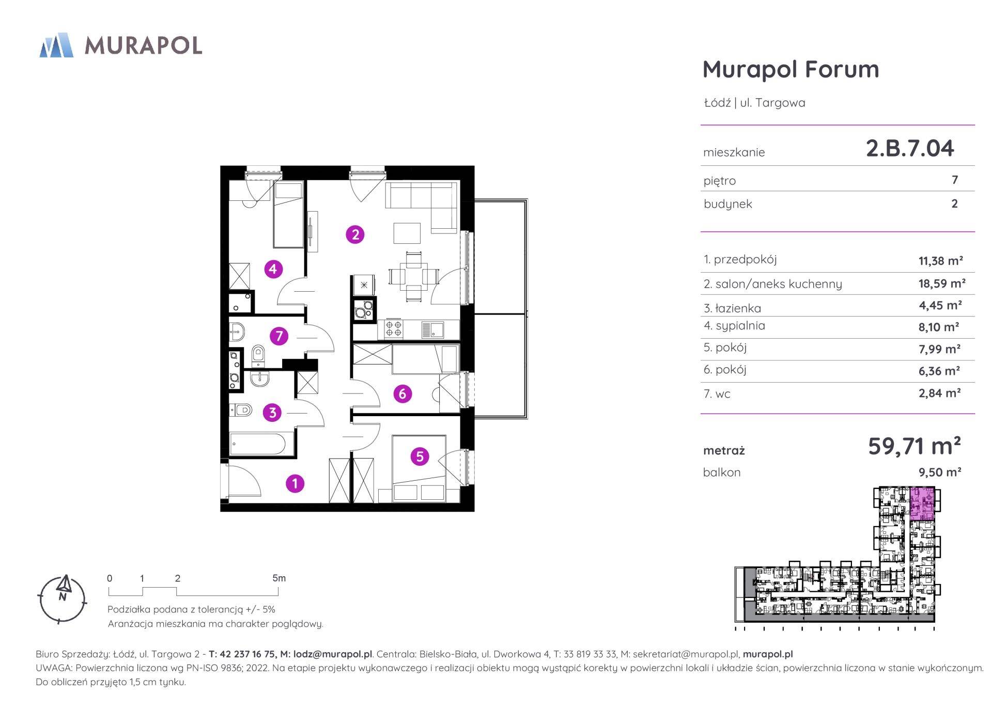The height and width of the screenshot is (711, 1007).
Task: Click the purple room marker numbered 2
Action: (355, 235)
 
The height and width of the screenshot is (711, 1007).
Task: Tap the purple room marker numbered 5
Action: (420, 456)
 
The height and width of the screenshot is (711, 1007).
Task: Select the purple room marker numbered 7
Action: (279, 337)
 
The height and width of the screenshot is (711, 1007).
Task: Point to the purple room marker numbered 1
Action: (295, 484)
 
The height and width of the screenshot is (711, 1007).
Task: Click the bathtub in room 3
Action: (257, 444)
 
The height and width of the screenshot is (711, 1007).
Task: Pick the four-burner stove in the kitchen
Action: (394, 329)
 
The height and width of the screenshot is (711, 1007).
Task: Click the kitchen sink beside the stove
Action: (432, 329)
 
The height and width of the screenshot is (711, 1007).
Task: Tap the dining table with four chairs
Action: (413, 276)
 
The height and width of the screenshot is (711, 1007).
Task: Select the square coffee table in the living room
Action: (407, 233)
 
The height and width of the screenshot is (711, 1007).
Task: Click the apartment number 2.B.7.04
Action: (910, 148)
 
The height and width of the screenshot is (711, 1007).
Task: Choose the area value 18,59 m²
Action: (942, 283)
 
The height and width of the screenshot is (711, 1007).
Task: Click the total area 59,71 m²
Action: (914, 446)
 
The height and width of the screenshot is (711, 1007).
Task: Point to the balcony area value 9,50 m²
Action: (939, 472)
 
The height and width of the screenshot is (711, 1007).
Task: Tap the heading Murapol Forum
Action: (791, 69)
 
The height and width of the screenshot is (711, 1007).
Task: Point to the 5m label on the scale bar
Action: (279, 578)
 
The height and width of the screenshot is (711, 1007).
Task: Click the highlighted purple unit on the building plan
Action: (922, 503)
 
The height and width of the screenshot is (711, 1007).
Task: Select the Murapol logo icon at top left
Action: (56, 45)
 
